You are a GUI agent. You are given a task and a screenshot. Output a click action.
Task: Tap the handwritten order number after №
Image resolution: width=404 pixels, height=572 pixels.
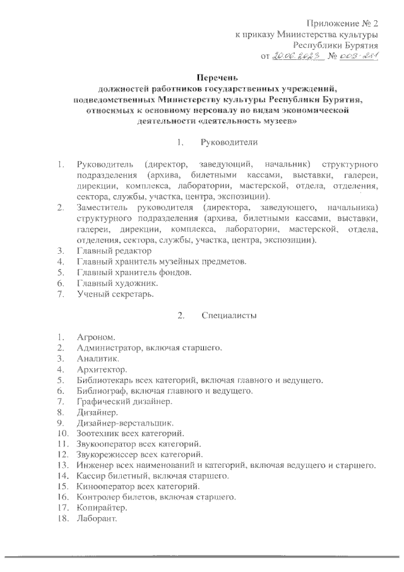(359, 56)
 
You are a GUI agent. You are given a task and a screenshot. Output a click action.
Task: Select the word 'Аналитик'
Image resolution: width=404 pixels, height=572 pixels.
(98, 358)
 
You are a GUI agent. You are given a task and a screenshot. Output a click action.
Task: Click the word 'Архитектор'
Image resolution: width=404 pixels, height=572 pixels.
(101, 369)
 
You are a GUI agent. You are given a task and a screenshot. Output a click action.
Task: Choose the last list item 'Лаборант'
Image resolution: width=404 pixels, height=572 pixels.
(97, 519)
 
